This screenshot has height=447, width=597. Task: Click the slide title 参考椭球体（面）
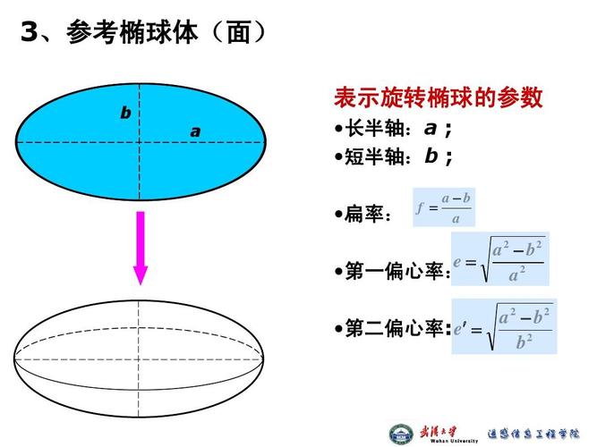coord(166,33)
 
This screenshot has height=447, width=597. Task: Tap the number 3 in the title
coord(30,33)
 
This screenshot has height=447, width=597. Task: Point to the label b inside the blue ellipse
coord(125,114)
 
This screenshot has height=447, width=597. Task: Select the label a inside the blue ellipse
coord(195,132)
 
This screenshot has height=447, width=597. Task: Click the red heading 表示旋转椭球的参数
coord(439,97)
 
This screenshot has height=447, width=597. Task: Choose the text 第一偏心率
coord(394,271)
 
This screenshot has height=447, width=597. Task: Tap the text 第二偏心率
coord(394,329)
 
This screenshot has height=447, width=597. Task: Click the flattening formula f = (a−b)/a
coord(443,208)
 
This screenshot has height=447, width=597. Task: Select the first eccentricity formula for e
coord(499,260)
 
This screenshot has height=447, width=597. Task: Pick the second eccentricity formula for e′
coord(503,326)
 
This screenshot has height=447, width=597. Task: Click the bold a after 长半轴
coord(431,128)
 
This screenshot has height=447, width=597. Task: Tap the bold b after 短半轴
coord(431,156)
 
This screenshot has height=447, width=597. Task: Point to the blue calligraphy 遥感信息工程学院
coord(532,434)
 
